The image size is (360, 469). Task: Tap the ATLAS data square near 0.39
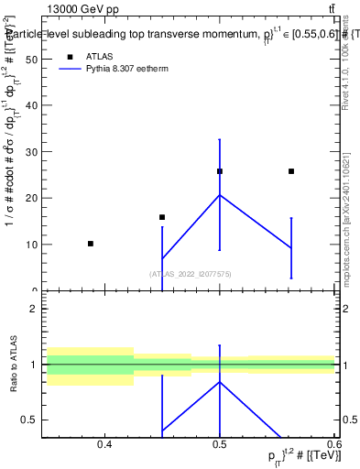(x=90, y=244)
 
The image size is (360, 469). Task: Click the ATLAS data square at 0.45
(x=162, y=217)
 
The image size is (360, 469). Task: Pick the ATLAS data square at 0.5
(x=220, y=171)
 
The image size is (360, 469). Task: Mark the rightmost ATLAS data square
(x=291, y=171)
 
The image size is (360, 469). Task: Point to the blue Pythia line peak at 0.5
(x=220, y=194)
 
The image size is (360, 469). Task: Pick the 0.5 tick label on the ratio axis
(x=29, y=420)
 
